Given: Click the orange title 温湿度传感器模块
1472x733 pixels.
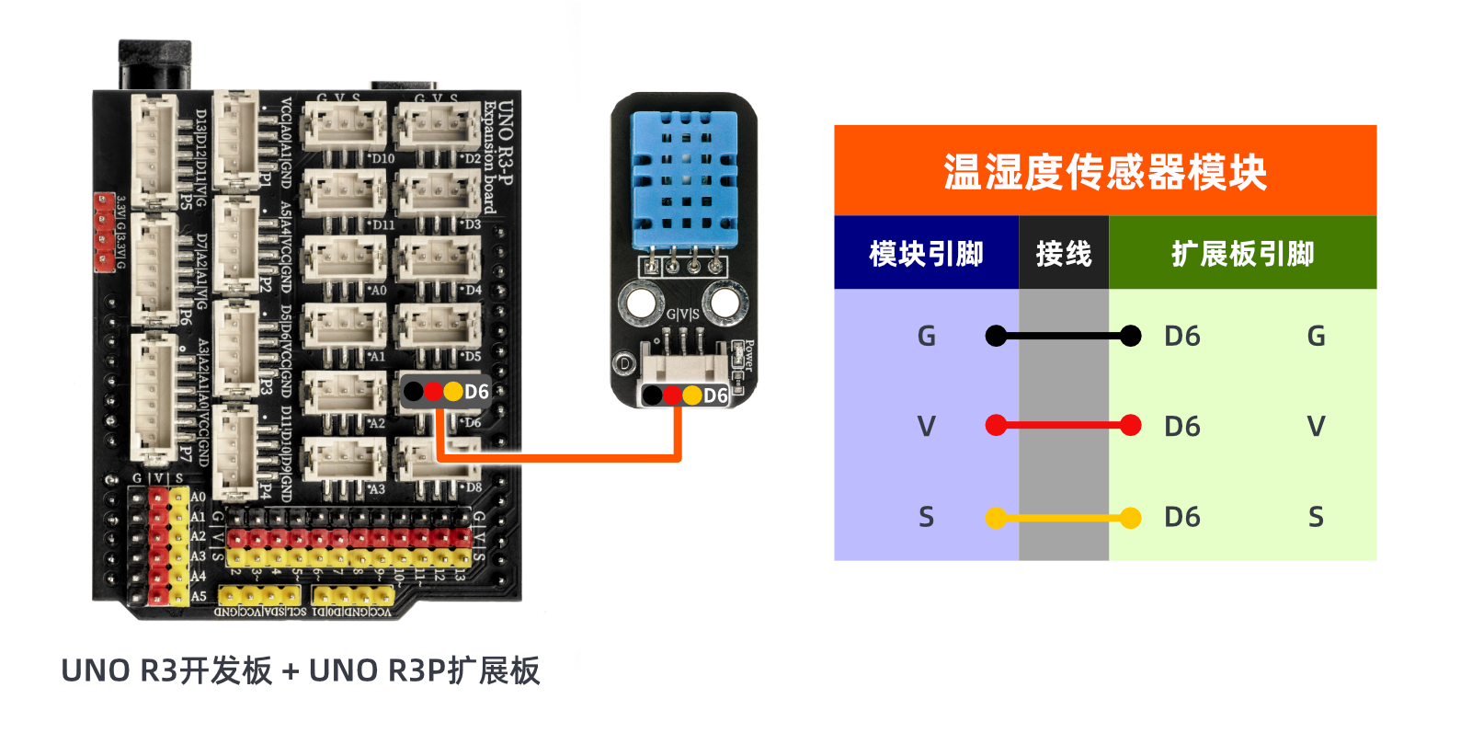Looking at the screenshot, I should tap(1104, 172).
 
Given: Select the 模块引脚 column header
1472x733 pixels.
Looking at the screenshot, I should tap(926, 253).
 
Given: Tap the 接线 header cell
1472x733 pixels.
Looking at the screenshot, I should tap(1063, 253).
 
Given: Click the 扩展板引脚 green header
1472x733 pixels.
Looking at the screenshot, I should tap(1242, 253).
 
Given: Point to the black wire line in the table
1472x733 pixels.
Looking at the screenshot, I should tap(1063, 336).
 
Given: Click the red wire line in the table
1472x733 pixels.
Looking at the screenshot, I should tap(1063, 425).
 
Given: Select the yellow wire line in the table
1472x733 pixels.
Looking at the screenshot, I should tap(1063, 518).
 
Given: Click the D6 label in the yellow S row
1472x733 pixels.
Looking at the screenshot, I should tap(1181, 517).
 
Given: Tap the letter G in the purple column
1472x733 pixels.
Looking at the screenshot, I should tap(926, 337).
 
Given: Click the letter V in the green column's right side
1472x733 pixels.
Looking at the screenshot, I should tap(1316, 426).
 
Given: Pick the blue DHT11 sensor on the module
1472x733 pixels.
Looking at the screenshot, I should tap(684, 178).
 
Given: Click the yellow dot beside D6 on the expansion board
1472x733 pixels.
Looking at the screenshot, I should tap(452, 392).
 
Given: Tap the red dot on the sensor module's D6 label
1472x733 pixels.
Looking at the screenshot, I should tap(672, 395).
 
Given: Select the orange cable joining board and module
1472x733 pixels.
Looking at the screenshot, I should tap(561, 456).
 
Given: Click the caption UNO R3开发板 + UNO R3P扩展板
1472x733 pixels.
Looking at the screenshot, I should tap(300, 670).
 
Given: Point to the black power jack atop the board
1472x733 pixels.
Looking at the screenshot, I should tap(154, 64).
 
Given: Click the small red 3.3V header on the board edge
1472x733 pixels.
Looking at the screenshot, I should tap(103, 232).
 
